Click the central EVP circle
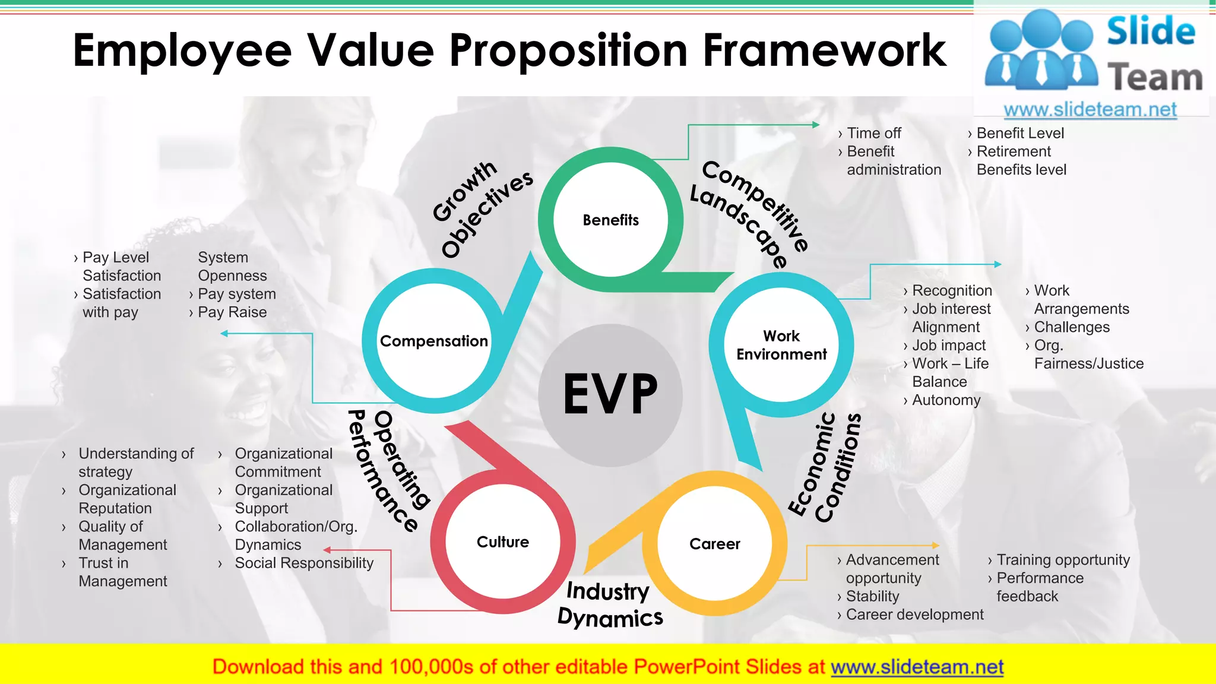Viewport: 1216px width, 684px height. tap(610, 394)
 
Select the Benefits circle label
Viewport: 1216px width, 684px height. tap(610, 220)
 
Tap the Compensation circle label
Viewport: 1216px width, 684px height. tap(434, 341)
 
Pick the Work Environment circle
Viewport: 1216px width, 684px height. tap(781, 345)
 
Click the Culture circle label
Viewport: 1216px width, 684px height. tap(503, 542)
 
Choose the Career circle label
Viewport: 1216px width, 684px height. tap(715, 544)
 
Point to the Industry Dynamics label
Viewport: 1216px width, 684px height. tap(609, 604)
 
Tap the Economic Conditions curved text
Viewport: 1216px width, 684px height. tap(825, 469)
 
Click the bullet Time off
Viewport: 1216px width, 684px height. tap(873, 133)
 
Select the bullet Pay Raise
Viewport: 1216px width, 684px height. tap(232, 312)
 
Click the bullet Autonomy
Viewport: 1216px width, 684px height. tap(946, 400)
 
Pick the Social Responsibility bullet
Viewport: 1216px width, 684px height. tap(304, 563)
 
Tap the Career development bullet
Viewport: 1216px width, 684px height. tap(914, 615)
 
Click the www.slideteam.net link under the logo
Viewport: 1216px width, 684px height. tap(1090, 110)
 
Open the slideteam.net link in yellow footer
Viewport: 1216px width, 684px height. tap(917, 667)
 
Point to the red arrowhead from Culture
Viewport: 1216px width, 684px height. tap(327, 550)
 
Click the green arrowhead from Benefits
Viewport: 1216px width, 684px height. tap(816, 125)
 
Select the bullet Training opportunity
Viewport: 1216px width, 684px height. tap(1063, 560)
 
